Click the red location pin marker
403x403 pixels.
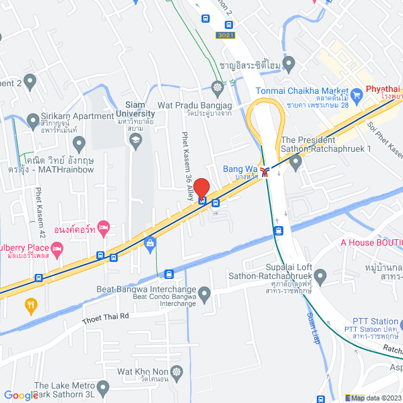[x=201, y=188]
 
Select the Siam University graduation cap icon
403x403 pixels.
[x=135, y=142]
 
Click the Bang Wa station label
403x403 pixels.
[x=240, y=169]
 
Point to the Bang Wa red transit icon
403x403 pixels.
[x=267, y=170]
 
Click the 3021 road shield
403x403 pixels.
[x=225, y=35]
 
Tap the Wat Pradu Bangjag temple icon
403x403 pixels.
[x=218, y=87]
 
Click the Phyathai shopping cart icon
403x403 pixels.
[x=357, y=96]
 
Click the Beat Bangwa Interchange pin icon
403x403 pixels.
[x=203, y=293]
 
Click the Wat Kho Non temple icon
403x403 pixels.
[x=177, y=372]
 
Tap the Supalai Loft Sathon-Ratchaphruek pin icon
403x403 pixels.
[x=321, y=275]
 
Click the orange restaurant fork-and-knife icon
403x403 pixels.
[x=30, y=307]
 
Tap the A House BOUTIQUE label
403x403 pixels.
[x=372, y=242]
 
